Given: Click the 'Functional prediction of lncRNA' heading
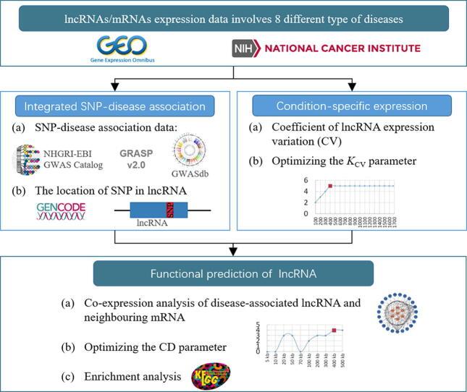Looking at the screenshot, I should pyautogui.click(x=234, y=273).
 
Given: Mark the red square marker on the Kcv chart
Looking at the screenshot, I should pyautogui.click(x=330, y=186).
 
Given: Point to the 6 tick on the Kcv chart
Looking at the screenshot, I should pyautogui.click(x=307, y=180).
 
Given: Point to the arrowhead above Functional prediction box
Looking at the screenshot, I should pyautogui.click(x=233, y=252).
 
